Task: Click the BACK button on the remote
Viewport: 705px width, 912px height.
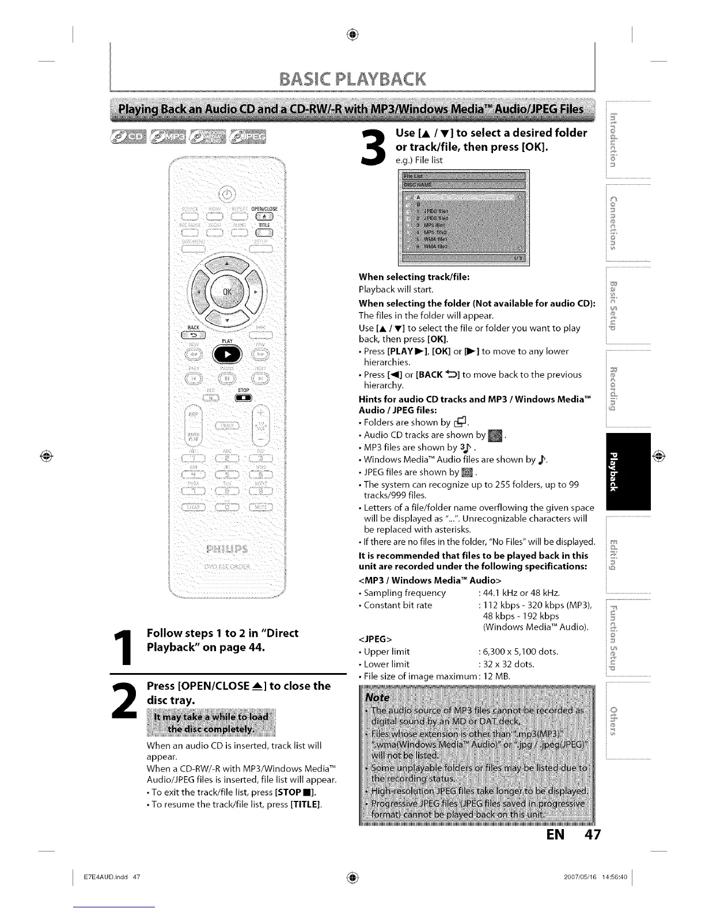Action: pos(190,336)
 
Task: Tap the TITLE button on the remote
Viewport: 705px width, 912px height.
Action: pos(264,233)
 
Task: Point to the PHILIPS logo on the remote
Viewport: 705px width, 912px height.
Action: pos(226,546)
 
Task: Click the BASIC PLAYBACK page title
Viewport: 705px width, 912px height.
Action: pos(352,78)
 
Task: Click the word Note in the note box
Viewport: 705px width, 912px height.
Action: pos(378,697)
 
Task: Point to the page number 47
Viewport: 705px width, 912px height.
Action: pos(587,834)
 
